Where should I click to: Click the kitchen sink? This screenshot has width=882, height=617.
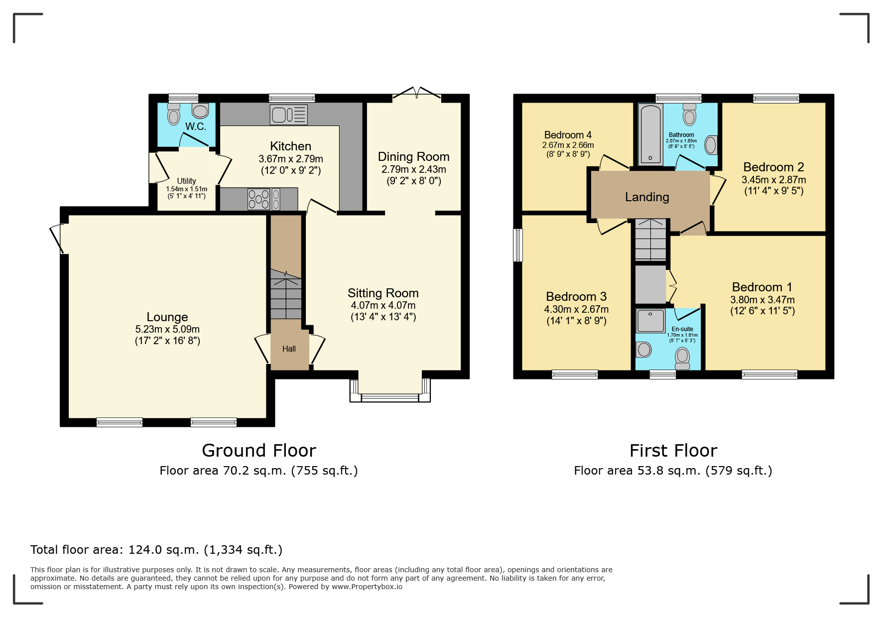point(289,115)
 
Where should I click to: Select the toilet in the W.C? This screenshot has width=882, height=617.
point(173,114)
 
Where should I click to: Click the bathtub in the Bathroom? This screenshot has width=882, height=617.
point(650,133)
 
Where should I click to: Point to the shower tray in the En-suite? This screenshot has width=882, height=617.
point(650,321)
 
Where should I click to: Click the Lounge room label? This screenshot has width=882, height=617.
point(167,317)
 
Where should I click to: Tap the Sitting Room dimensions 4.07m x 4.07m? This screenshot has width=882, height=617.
point(383,305)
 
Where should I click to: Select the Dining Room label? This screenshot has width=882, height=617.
point(414,157)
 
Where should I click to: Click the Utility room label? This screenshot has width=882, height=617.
point(186,181)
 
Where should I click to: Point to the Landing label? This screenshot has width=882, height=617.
point(647,197)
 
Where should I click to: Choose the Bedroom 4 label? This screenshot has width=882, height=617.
point(568,135)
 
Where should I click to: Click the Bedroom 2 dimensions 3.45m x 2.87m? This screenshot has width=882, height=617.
point(773,180)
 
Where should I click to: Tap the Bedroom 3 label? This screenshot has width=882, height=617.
point(576,297)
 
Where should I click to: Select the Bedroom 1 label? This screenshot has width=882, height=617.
point(762,287)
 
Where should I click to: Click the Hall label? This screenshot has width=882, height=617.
point(289,349)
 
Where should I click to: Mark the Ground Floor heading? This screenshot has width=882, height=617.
point(259,451)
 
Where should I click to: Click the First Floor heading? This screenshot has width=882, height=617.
point(673,451)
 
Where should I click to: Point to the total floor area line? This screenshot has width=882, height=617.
point(156,550)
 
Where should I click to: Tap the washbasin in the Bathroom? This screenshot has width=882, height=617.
point(711,145)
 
